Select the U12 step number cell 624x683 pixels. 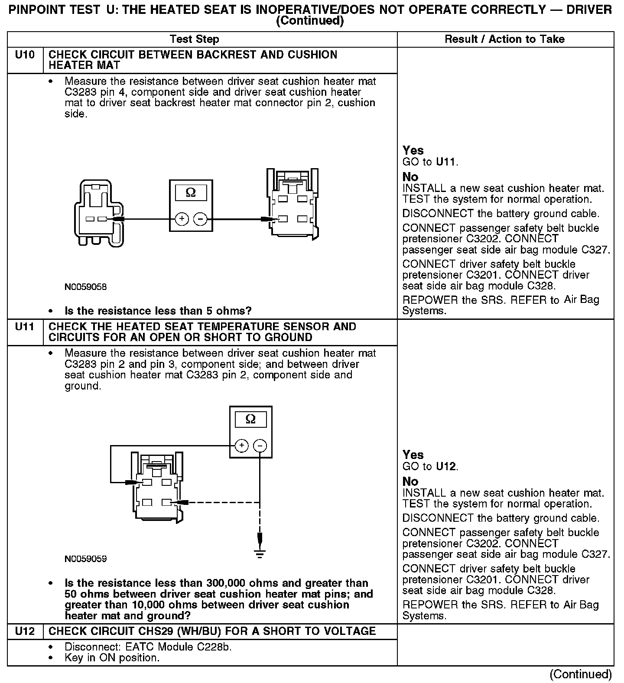pos(25,631)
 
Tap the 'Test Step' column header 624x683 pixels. pos(195,39)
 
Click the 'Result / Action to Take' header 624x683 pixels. pos(505,39)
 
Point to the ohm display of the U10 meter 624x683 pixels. pos(191,192)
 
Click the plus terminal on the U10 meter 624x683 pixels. pos(182,219)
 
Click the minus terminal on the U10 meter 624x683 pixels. pos(200,219)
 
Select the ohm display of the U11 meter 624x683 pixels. pos(250,419)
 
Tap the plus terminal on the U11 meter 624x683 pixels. pos(241,446)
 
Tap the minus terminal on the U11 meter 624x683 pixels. pos(260,446)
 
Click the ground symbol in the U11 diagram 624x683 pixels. pos(260,553)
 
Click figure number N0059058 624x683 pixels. pos(85,287)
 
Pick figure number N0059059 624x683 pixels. pos(85,559)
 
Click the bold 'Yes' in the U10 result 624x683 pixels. pos(413,150)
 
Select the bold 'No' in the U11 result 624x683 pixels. pos(410,481)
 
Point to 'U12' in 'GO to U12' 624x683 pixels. pos(446,466)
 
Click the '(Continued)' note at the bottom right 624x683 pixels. pos(580,674)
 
